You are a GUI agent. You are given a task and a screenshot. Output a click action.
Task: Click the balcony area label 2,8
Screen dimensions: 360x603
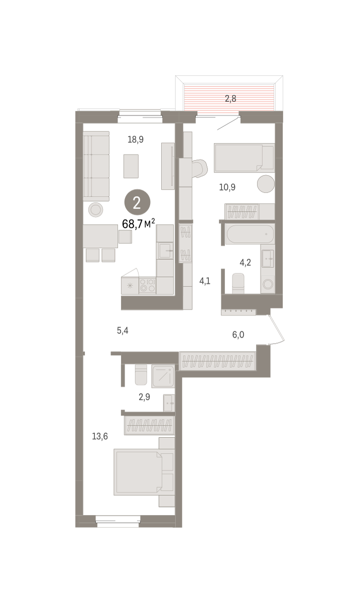point(230,99)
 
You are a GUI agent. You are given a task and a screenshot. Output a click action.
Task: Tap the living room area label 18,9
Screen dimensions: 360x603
point(136,140)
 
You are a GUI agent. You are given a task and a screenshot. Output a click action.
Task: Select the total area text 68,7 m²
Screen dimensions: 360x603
point(139,224)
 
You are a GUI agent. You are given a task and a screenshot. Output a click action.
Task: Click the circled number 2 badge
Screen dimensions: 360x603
point(137,203)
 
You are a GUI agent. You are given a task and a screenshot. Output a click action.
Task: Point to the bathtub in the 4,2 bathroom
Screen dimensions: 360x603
point(250,234)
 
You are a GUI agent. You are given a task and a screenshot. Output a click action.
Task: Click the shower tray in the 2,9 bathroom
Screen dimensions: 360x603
point(163,376)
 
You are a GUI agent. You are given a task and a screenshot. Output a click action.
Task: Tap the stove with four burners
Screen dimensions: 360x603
point(148,285)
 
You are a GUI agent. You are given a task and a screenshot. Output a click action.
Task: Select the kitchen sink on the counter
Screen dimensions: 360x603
point(165,251)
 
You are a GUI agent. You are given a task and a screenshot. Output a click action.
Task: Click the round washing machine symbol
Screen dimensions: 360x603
point(268,284)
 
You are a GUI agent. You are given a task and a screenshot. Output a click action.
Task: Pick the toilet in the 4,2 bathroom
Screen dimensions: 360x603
point(238,283)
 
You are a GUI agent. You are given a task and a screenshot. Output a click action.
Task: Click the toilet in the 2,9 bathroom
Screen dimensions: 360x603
point(141,375)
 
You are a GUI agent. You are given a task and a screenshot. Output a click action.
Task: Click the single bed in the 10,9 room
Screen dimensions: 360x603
point(245,158)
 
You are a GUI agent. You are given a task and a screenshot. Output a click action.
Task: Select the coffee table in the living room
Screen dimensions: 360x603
point(131,166)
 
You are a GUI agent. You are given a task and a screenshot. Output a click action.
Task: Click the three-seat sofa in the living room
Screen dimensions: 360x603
point(96,166)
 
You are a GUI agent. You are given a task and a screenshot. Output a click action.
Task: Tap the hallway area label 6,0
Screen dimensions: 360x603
point(238,335)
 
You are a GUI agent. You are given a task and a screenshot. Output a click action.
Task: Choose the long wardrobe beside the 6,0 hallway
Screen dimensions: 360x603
point(217,361)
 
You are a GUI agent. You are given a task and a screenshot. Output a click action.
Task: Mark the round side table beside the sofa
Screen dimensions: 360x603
point(95,210)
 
